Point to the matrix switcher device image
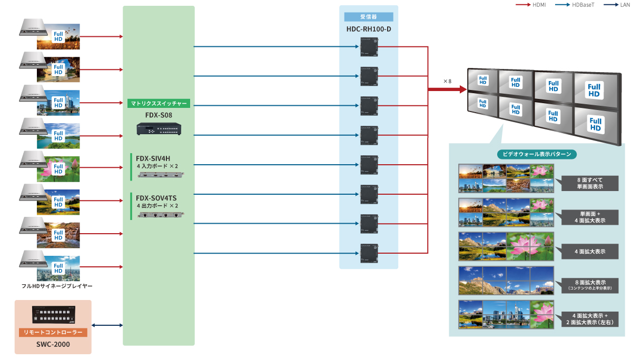[159, 128]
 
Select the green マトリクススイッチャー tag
[159, 104]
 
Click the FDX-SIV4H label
[153, 158]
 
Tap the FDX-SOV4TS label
[156, 198]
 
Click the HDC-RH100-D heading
[369, 28]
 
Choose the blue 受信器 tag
[369, 17]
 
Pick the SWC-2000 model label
[53, 344]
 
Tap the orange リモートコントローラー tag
[53, 333]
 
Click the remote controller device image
[54, 315]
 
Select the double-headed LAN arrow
[107, 325]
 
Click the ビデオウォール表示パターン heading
[537, 154]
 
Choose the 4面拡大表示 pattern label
[590, 252]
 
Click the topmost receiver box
[368, 47]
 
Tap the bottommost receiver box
[368, 253]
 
